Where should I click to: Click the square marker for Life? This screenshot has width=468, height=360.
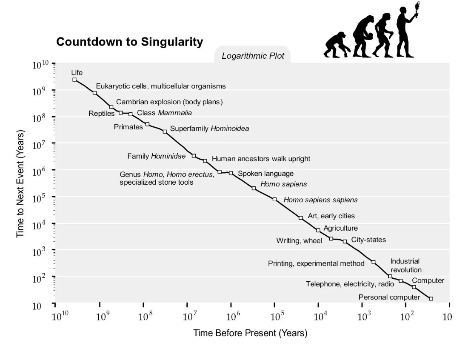(x=74, y=80)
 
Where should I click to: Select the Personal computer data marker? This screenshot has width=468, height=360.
(x=431, y=299)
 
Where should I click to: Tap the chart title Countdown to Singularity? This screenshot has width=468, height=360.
(x=129, y=42)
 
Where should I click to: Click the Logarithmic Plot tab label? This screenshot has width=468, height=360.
(x=253, y=56)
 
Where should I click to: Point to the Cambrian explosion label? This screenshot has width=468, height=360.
(x=169, y=102)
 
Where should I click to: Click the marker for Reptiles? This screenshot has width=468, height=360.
(x=121, y=113)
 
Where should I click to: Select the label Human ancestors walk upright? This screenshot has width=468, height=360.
(x=261, y=159)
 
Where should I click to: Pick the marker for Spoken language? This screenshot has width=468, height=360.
(x=231, y=173)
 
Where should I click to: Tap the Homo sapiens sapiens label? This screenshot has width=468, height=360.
(x=320, y=200)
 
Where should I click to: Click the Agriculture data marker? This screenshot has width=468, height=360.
(x=318, y=230)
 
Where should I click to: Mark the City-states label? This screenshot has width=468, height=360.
(x=368, y=240)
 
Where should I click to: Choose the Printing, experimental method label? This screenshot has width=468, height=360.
(x=316, y=263)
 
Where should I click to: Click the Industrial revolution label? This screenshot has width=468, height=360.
(x=406, y=266)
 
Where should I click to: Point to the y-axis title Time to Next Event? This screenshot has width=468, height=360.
(x=20, y=183)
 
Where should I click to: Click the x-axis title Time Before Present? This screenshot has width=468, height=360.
(x=250, y=333)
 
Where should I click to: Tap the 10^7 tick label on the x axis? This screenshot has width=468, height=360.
(x=189, y=317)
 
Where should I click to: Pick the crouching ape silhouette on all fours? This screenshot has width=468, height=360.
(x=336, y=45)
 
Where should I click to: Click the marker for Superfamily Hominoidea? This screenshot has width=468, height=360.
(x=165, y=131)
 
